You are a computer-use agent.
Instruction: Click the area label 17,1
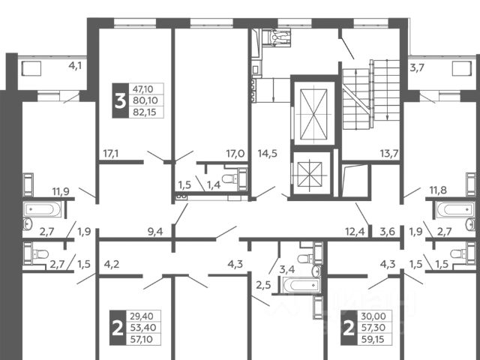[111, 153]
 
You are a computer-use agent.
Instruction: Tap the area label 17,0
[235, 153]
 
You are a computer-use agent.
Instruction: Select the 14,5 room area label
[268, 153]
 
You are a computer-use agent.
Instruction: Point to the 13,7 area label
[389, 153]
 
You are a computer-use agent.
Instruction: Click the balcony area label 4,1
[75, 65]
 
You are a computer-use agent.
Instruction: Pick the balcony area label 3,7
[417, 67]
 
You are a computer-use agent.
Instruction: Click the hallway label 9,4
[155, 232]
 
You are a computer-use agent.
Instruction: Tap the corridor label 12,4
[355, 232]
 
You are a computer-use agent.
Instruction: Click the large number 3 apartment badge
[120, 100]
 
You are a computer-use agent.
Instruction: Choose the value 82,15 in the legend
[145, 112]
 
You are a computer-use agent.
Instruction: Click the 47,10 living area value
[143, 89]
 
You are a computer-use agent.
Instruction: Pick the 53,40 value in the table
[143, 328]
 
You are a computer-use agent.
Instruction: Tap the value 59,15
[373, 339]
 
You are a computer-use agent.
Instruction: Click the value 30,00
[373, 316]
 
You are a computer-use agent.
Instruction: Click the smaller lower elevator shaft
[310, 174]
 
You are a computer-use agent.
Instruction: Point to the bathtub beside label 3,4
[301, 285]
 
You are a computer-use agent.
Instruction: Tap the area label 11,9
[61, 192]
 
